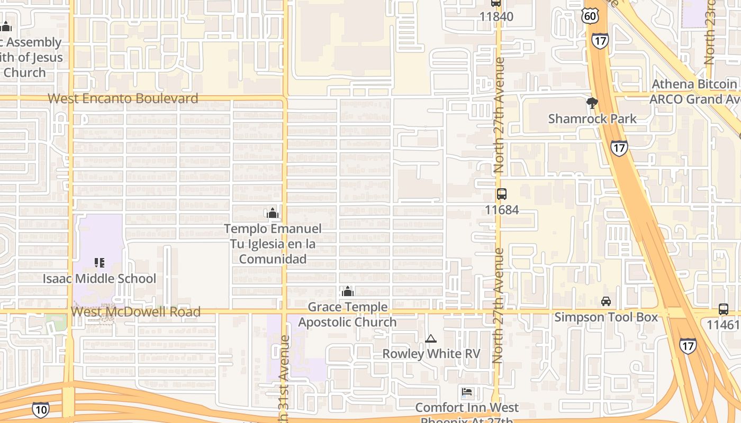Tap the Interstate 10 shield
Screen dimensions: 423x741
tap(40, 409)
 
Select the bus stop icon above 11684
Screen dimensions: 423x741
tap(501, 194)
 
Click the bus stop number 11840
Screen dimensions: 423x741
tap(496, 16)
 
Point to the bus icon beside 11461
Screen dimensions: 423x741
tap(724, 309)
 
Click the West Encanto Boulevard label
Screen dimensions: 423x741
tap(123, 98)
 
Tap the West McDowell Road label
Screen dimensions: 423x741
tap(135, 312)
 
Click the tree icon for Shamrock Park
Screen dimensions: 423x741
tap(592, 103)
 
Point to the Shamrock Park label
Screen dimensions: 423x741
tap(592, 118)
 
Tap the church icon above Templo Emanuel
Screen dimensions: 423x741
tap(273, 213)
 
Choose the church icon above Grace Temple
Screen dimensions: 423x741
tap(348, 291)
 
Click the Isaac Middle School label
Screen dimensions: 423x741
tap(100, 279)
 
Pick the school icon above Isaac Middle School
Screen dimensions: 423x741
tap(100, 262)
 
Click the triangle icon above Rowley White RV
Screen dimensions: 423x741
tap(431, 338)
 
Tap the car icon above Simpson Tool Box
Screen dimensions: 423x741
tap(606, 301)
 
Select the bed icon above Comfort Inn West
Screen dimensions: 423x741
tap(467, 392)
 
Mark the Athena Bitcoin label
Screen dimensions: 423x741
tap(694, 84)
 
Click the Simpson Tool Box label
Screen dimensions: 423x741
tap(606, 317)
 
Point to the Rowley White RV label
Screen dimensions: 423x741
tap(431, 354)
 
